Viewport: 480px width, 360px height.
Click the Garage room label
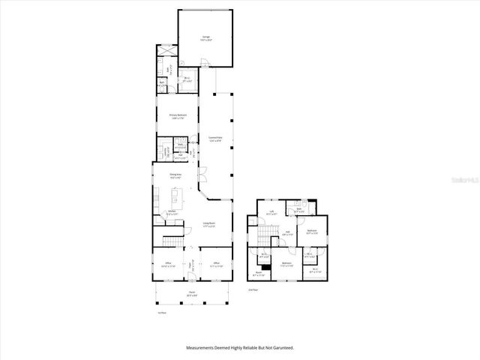[205, 37]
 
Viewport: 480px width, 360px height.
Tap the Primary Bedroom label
[178, 116]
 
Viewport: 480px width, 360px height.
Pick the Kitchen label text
[172, 212]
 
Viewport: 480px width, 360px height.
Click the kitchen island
[176, 196]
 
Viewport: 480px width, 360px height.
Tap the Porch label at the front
[192, 293]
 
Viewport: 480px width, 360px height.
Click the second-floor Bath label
[298, 211]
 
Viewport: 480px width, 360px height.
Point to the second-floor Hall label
[287, 232]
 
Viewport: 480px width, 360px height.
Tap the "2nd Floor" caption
[253, 289]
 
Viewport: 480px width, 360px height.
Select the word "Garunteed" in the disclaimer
[282, 348]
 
